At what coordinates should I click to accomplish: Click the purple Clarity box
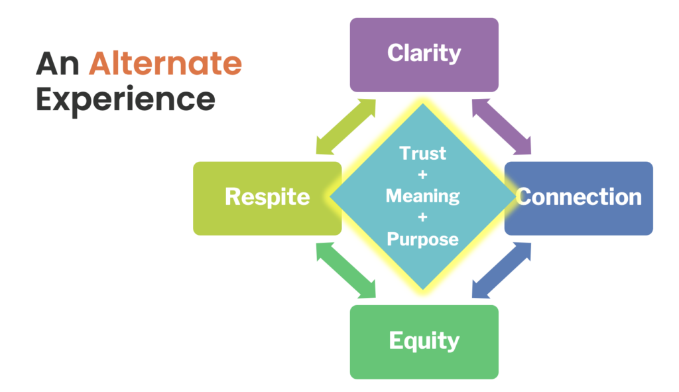pyautogui.click(x=424, y=54)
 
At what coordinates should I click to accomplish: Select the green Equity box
pyautogui.click(x=424, y=342)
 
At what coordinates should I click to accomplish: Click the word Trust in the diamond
pyautogui.click(x=422, y=153)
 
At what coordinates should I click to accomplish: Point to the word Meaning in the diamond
pyautogui.click(x=422, y=196)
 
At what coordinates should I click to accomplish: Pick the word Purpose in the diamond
pyautogui.click(x=422, y=239)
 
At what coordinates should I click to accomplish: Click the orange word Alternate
pyautogui.click(x=165, y=63)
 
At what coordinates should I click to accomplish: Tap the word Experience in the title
pyautogui.click(x=125, y=100)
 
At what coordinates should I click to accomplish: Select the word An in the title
pyautogui.click(x=58, y=64)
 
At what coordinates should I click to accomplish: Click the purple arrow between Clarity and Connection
pyautogui.click(x=501, y=127)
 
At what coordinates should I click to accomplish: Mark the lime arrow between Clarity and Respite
pyautogui.click(x=345, y=127)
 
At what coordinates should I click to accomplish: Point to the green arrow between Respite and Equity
pyautogui.click(x=345, y=270)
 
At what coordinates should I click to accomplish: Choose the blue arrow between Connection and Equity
pyautogui.click(x=501, y=270)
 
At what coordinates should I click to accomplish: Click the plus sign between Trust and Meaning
pyautogui.click(x=422, y=174)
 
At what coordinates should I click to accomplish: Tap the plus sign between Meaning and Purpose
pyautogui.click(x=422, y=217)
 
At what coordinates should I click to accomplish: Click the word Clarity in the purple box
pyautogui.click(x=424, y=53)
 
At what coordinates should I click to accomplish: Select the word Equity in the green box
pyautogui.click(x=424, y=341)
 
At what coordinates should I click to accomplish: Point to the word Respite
pyautogui.click(x=267, y=198)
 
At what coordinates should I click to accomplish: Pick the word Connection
pyautogui.click(x=578, y=197)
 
